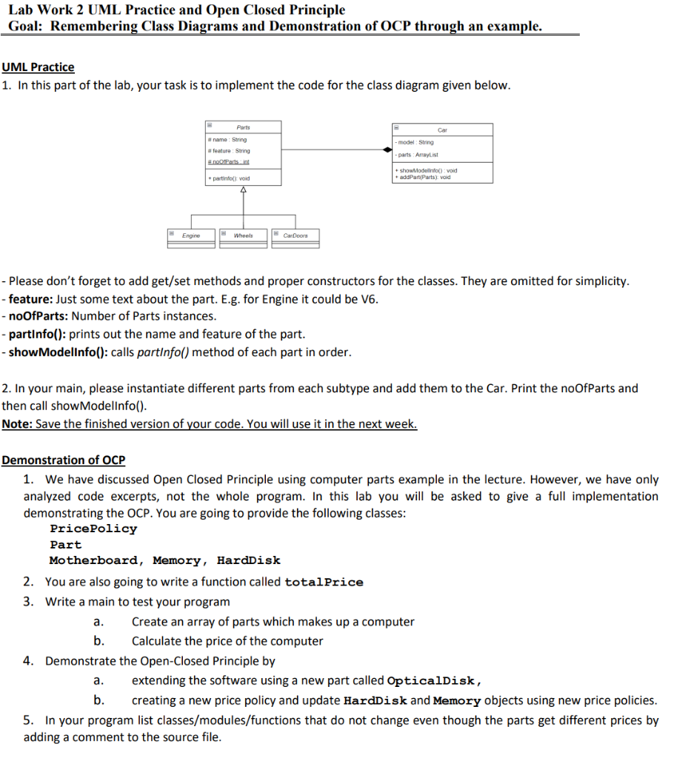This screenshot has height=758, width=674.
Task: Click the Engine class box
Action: [x=191, y=235]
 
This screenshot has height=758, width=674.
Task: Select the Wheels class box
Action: [x=243, y=235]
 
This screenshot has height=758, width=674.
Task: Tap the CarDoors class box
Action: [x=295, y=235]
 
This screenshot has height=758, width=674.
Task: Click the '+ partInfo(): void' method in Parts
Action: [x=229, y=178]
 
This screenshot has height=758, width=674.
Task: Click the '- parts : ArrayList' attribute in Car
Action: [x=418, y=155]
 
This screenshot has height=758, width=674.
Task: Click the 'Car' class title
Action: [x=442, y=130]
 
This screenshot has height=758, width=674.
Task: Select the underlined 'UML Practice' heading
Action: [x=38, y=67]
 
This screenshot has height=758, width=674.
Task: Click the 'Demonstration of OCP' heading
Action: [x=64, y=460]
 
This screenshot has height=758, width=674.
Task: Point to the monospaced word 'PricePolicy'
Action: [x=93, y=529]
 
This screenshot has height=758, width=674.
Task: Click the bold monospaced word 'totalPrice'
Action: [x=324, y=582]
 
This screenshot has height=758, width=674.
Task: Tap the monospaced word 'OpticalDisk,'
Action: [x=435, y=680]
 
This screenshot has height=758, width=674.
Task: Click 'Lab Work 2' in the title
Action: [x=41, y=10]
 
